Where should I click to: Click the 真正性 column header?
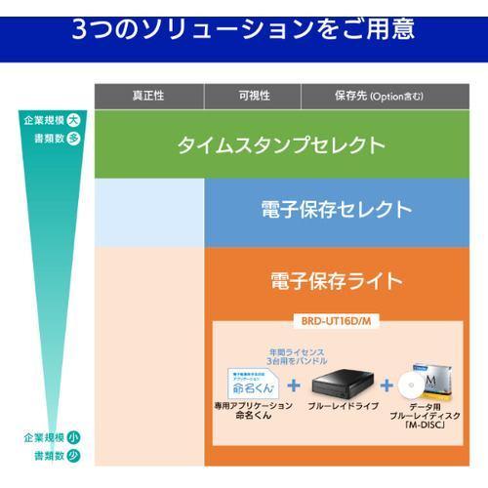pyautogui.click(x=148, y=96)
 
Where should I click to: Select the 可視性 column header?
pyautogui.click(x=254, y=96)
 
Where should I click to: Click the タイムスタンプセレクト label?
pyautogui.click(x=281, y=145)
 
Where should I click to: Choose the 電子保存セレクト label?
pyautogui.click(x=337, y=209)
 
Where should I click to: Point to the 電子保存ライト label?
pyautogui.click(x=337, y=281)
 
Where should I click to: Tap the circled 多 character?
pyautogui.click(x=74, y=138)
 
